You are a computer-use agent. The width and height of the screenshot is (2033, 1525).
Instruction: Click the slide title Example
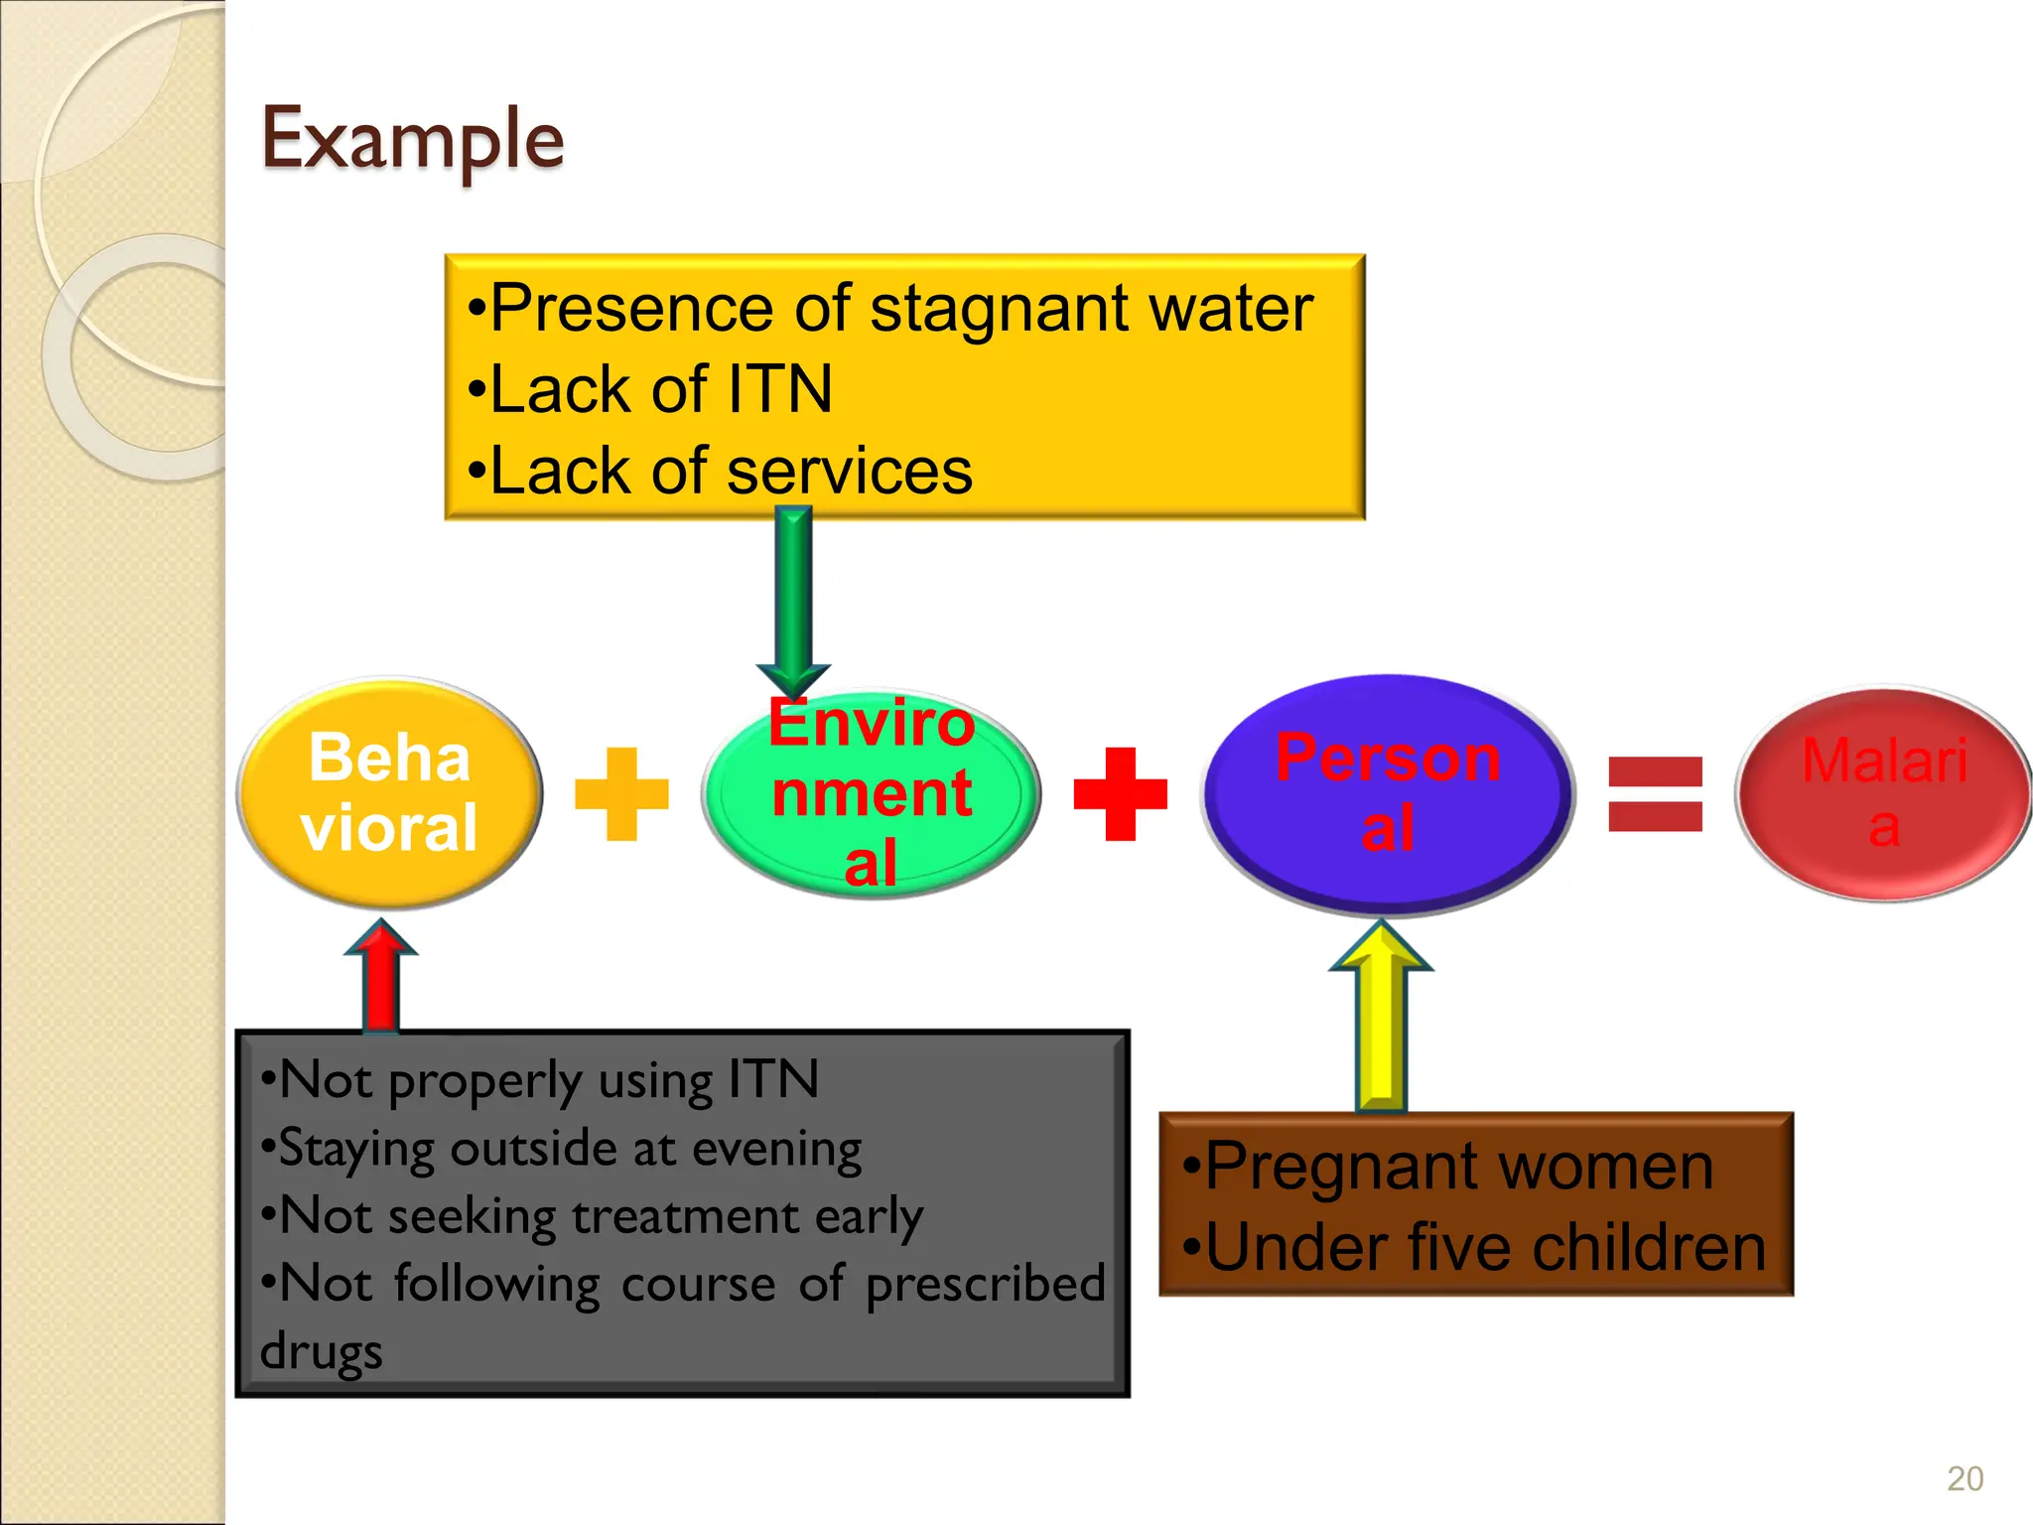click(x=412, y=140)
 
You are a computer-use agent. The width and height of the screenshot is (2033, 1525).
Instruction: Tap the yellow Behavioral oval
click(x=389, y=792)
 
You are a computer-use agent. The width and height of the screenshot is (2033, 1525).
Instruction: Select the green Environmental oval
click(x=871, y=794)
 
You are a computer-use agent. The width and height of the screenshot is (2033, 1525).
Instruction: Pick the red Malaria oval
click(x=1883, y=793)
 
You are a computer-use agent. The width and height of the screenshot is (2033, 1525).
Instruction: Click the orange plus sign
click(x=622, y=793)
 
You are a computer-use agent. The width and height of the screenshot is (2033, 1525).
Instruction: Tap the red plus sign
click(x=1120, y=793)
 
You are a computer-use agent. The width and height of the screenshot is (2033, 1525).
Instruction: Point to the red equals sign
click(x=1655, y=793)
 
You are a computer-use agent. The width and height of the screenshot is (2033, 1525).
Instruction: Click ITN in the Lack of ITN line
click(x=780, y=389)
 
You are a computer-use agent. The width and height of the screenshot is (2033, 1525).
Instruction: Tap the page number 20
click(x=1965, y=1478)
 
